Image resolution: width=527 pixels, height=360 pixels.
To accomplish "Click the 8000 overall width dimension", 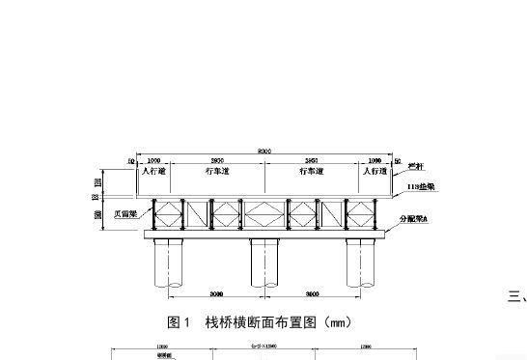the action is [x=263, y=150].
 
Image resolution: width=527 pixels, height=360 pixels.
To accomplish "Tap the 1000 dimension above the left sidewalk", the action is [x=154, y=161].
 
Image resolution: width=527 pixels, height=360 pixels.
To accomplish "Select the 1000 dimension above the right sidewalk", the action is [x=374, y=161].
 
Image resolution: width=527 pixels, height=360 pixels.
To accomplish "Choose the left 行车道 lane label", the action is [x=218, y=171].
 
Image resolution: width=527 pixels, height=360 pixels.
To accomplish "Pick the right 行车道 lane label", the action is [x=310, y=171].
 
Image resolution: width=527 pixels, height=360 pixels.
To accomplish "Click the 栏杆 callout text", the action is [x=416, y=167].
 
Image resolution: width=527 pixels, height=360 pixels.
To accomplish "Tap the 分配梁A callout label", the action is [x=415, y=221].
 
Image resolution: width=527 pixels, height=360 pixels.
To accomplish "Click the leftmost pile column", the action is [x=170, y=263].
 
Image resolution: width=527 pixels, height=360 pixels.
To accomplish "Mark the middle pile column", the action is [x=264, y=263].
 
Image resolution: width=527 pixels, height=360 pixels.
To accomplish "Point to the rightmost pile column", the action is [x=359, y=263].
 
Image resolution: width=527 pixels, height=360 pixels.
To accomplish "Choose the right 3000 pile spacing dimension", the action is [x=312, y=293].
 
